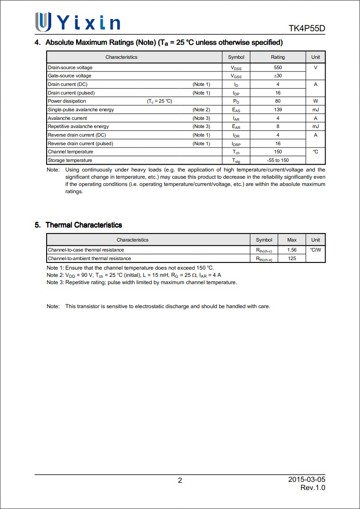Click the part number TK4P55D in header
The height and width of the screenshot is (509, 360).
coord(307,29)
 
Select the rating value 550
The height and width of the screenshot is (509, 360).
coord(278,67)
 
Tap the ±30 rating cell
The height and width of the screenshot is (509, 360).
coord(278,76)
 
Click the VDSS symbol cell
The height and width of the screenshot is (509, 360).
coord(236,68)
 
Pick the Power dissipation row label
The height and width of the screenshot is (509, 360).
coord(67,101)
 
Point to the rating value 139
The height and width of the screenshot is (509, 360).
coord(278,109)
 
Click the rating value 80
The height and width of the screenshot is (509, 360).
coord(278,101)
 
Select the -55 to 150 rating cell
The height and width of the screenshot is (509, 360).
coord(278,160)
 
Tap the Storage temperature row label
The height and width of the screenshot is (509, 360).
coord(70,160)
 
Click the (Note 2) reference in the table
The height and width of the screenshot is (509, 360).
coord(201,109)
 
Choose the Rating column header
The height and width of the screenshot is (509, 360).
coord(278,57)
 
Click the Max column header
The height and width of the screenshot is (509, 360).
coord(292,240)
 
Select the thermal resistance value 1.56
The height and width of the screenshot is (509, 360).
coord(292,250)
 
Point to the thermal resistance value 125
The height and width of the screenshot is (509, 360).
coord(292,258)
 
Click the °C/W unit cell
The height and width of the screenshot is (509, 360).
coord(316,250)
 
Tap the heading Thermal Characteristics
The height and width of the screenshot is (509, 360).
coord(84,225)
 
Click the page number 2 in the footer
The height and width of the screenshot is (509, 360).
coord(180,480)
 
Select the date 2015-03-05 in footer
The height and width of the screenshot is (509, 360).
coord(307,480)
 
